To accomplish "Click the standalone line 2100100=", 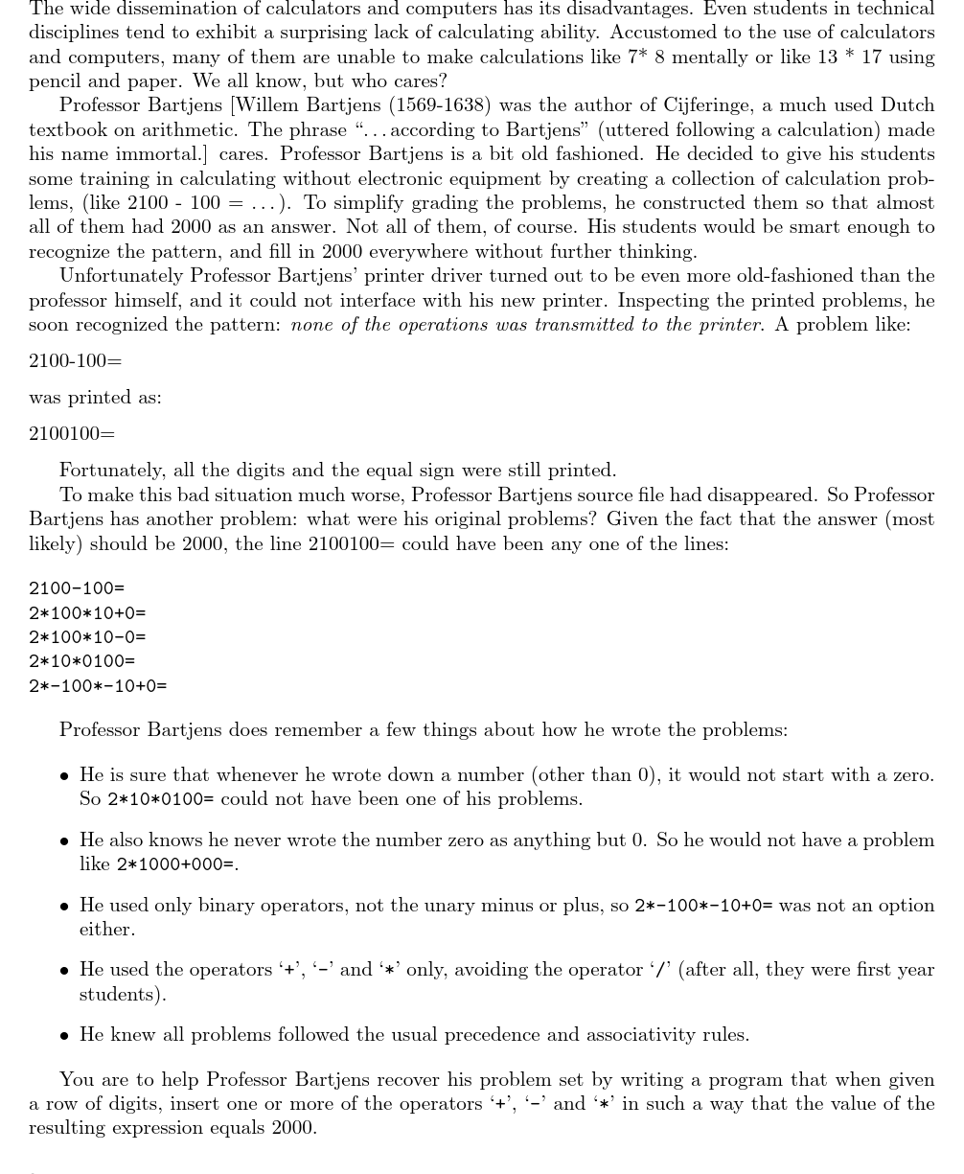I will pyautogui.click(x=72, y=434).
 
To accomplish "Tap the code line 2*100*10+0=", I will pyautogui.click(x=87, y=613).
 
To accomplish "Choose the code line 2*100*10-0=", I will pyautogui.click(x=87, y=637).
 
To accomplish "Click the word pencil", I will pyautogui.click(x=55, y=81).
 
